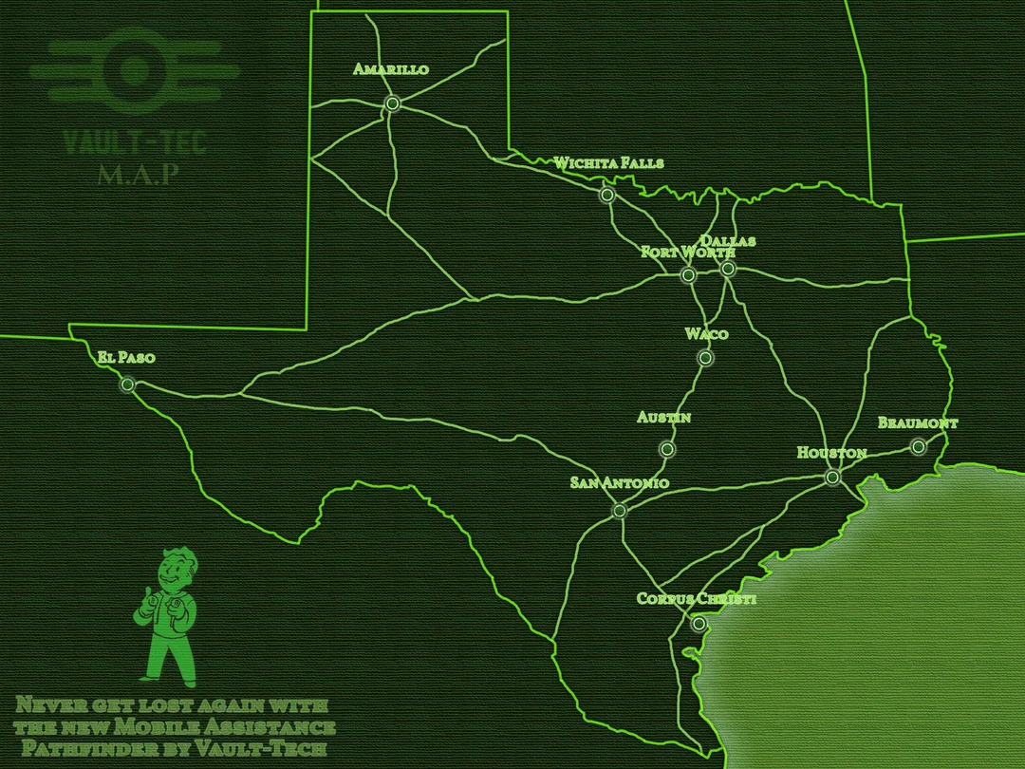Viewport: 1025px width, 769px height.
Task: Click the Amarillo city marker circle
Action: (392, 104)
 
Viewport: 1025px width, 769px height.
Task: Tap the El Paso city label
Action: (125, 358)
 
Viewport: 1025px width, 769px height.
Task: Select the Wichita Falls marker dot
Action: (607, 196)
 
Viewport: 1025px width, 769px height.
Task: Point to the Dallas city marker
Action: (728, 269)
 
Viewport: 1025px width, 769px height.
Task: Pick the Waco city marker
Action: (705, 358)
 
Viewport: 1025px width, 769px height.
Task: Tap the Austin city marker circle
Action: (667, 449)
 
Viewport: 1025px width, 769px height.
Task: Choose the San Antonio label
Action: (619, 483)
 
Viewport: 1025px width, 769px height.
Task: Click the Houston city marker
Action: (832, 477)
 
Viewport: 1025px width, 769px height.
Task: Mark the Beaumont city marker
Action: (918, 446)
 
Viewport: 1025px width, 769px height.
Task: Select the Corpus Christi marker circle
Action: (699, 624)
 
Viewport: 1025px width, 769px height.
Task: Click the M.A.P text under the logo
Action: (138, 176)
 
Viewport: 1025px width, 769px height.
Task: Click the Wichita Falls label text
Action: (608, 163)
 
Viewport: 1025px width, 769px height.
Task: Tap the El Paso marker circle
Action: (127, 385)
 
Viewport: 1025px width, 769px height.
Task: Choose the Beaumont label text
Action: (918, 422)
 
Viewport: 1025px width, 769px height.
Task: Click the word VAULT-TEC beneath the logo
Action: (134, 142)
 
